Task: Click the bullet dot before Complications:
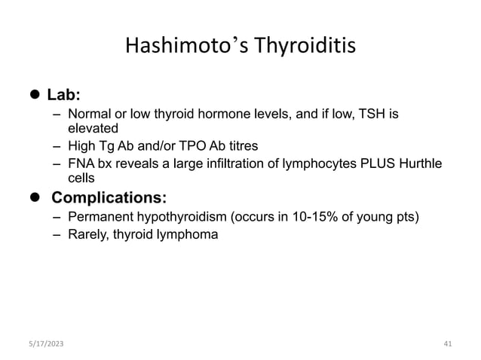[33, 198]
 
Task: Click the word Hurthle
[424, 163]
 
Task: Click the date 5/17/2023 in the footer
[44, 343]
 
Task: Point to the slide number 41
[448, 343]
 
